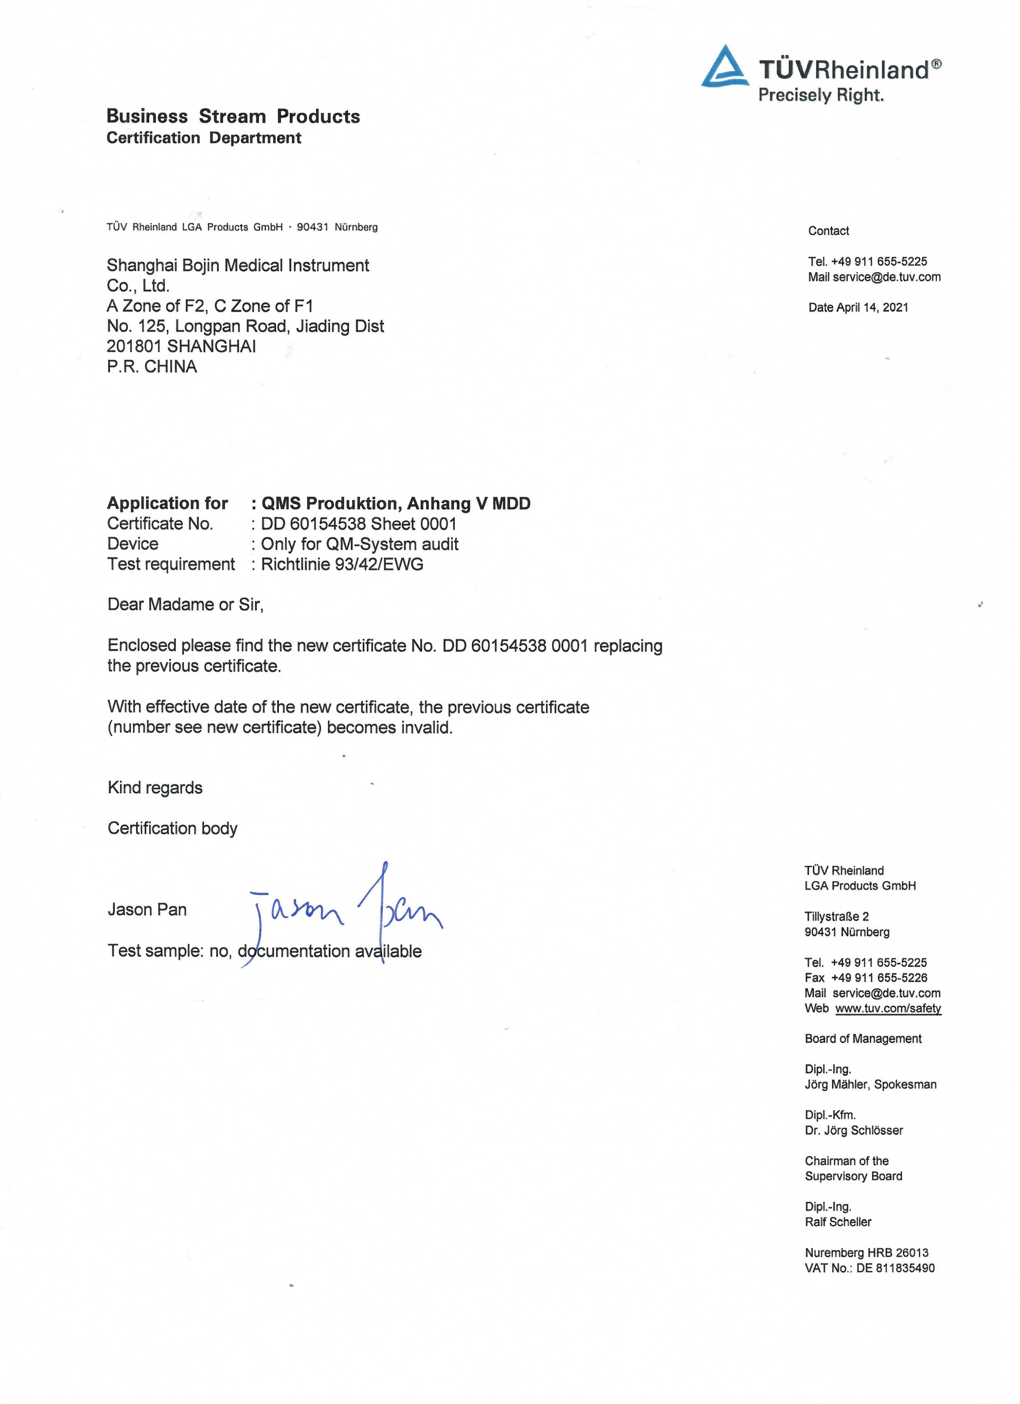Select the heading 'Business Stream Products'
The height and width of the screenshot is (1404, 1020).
point(233,116)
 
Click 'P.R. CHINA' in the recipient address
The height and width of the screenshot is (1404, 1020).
point(152,367)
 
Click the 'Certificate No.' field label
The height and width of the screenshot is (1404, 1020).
point(160,524)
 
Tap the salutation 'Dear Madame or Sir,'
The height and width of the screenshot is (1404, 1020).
point(186,605)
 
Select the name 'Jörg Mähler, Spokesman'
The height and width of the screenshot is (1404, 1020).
point(870,1085)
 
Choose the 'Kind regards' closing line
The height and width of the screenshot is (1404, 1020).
point(155,788)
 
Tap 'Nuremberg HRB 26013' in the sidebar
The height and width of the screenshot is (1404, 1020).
point(866,1253)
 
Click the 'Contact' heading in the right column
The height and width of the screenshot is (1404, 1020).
point(828,231)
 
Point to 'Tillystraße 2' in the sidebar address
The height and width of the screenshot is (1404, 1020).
point(836,917)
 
